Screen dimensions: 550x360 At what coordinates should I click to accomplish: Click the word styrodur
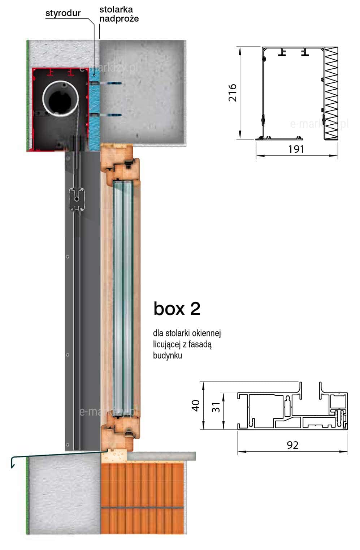click(x=63, y=13)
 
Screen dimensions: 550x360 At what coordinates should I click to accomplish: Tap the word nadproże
click(x=119, y=18)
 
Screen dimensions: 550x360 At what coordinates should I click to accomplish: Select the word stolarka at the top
click(x=116, y=9)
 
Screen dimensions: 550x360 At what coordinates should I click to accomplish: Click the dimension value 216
click(x=233, y=93)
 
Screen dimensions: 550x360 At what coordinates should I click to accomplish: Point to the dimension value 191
click(x=296, y=149)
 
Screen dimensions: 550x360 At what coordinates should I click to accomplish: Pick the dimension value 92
click(x=292, y=445)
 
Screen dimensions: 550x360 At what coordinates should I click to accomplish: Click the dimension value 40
click(x=196, y=405)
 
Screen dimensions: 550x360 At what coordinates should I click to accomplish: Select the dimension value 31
click(x=216, y=407)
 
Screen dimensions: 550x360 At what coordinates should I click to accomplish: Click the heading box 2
click(x=177, y=309)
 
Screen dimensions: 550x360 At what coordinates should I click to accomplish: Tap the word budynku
click(x=168, y=355)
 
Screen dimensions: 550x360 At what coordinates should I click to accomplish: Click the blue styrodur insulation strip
click(x=95, y=108)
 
